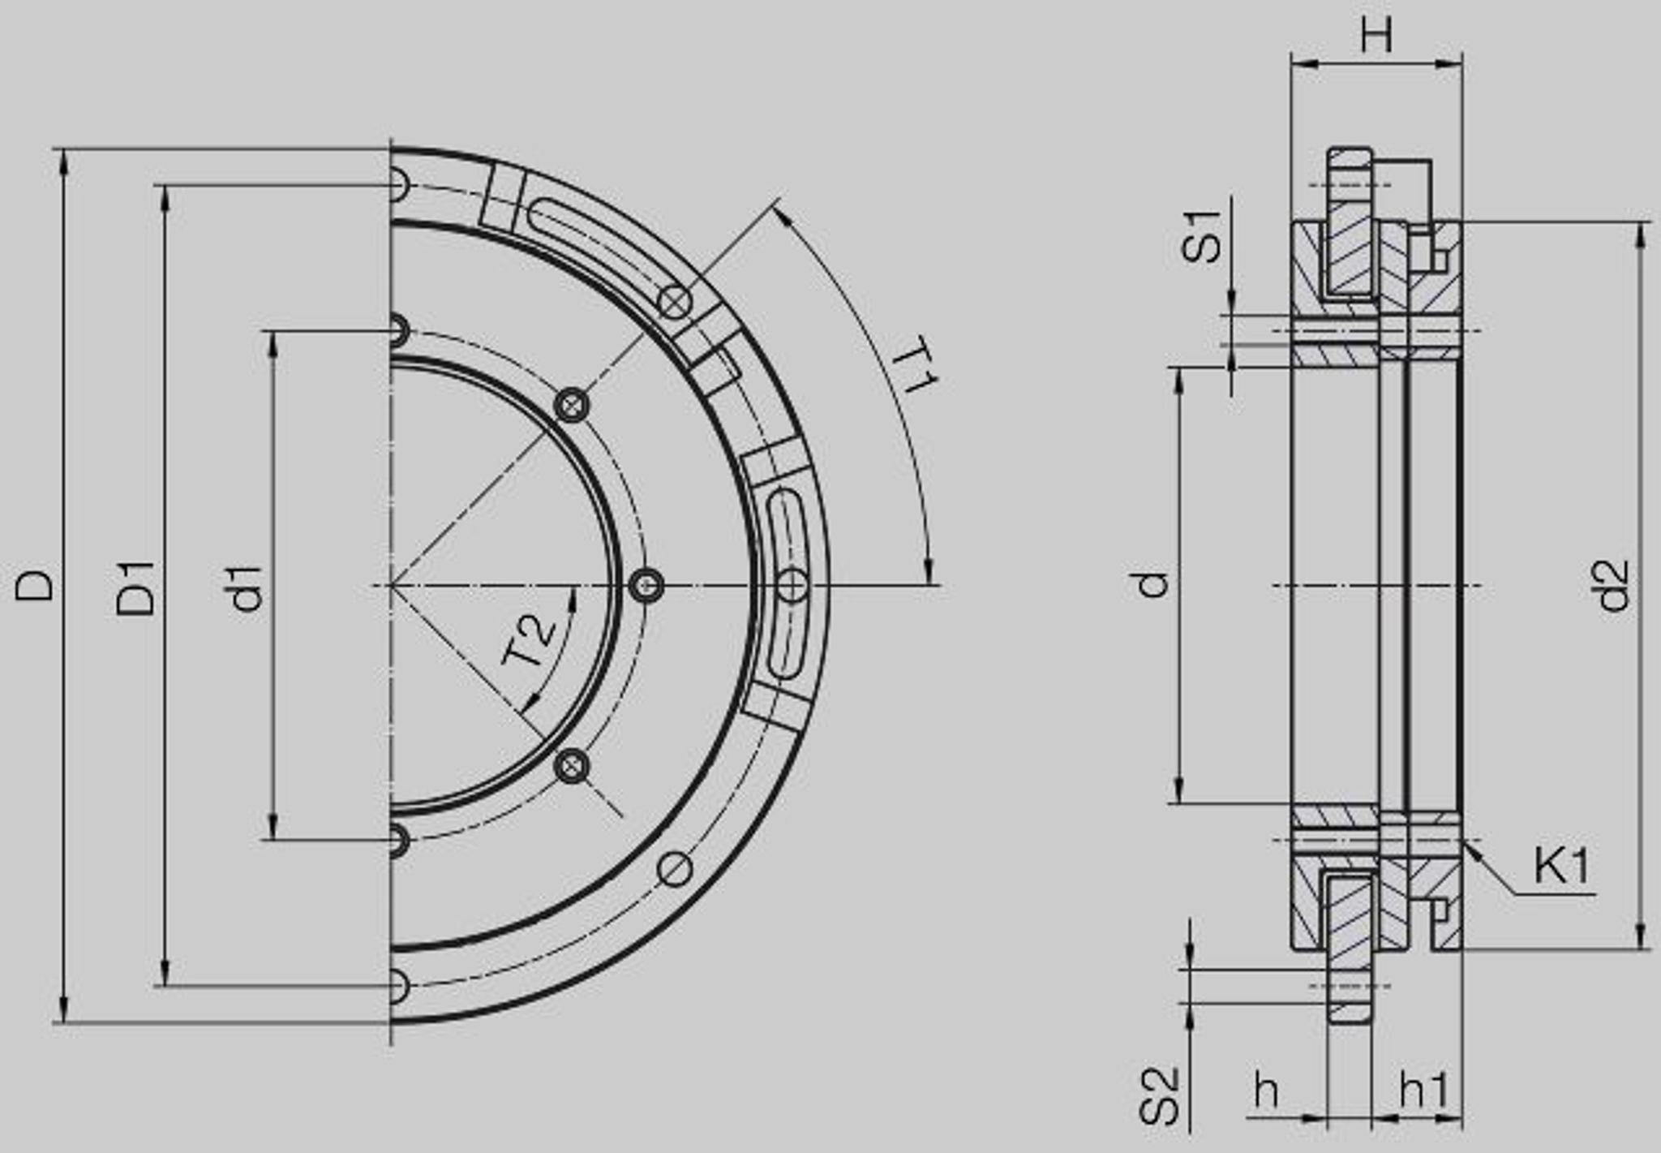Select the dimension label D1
pos(135,587)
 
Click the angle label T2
pos(529,641)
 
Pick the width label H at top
pos(1376,35)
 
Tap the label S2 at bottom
pos(1158,1096)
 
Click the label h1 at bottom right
pos(1424,1091)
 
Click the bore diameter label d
pos(1152,584)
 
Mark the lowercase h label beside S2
pos(1266,1091)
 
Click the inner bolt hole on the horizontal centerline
pos(646,585)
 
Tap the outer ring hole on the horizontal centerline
pos(792,585)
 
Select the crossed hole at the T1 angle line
pos(675,303)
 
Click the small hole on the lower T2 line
pos(573,765)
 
